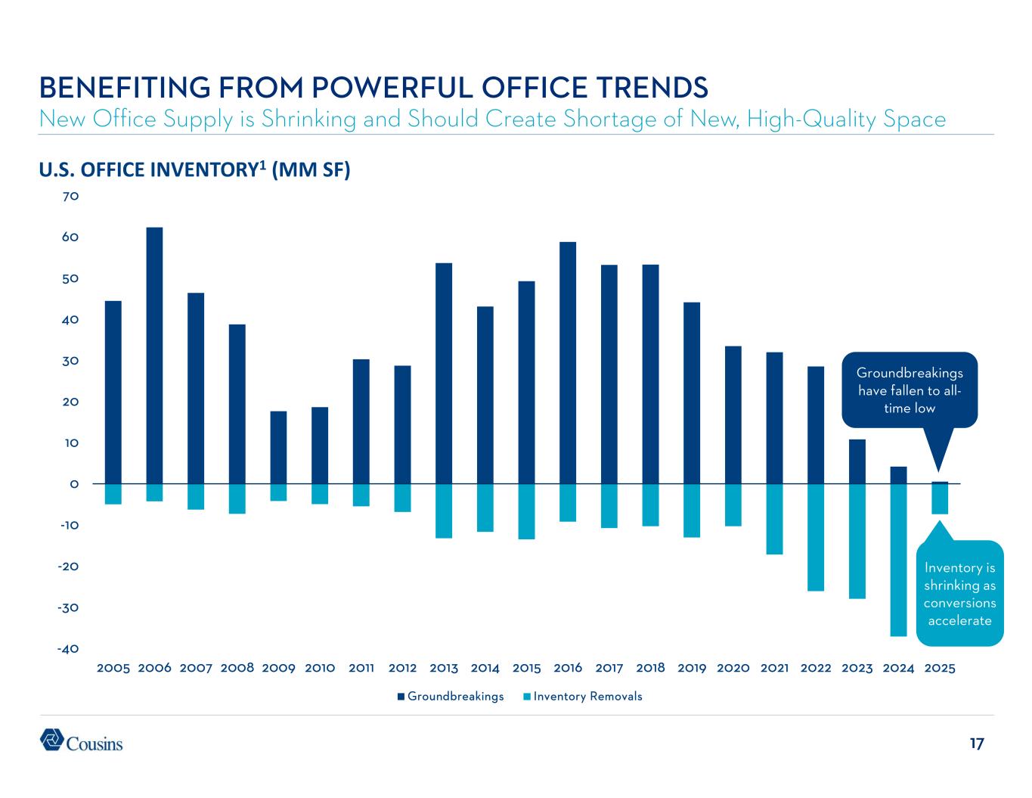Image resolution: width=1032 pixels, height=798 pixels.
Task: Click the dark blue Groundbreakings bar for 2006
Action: (154, 356)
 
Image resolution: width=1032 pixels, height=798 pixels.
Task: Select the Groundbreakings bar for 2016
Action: (568, 363)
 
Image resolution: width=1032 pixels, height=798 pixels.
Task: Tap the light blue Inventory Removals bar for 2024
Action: (898, 560)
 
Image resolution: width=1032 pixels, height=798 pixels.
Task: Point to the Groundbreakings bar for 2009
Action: (278, 447)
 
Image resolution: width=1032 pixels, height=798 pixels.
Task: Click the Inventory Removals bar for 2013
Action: (444, 511)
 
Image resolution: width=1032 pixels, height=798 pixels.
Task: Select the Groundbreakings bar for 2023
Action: (857, 461)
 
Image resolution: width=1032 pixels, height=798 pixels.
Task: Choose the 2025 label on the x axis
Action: (940, 669)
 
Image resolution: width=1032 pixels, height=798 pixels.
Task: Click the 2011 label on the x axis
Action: (361, 669)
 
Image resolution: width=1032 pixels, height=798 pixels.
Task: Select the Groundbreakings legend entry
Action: (451, 697)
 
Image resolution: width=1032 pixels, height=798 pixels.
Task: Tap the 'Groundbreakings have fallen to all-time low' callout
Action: (910, 390)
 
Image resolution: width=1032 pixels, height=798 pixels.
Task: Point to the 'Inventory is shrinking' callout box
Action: (959, 594)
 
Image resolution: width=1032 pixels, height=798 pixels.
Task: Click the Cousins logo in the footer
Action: (81, 741)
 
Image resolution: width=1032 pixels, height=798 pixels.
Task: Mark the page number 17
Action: (976, 744)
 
